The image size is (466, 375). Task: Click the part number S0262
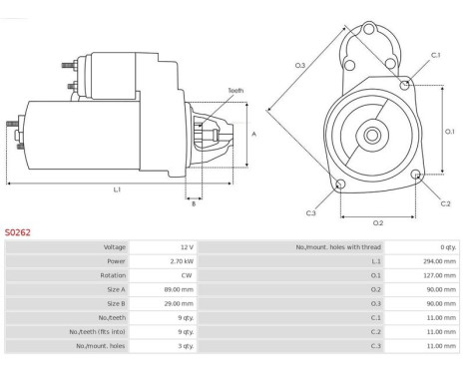coord(17,232)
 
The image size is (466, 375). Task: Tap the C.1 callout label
coord(435,55)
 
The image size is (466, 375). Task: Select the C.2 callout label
coord(445,203)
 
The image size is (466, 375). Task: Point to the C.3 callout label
coord(310,213)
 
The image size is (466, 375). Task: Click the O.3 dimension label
coord(300,66)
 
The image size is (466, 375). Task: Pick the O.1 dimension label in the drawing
coord(449,132)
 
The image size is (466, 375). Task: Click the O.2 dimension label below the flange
coord(378,223)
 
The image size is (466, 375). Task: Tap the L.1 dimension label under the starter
coord(117,189)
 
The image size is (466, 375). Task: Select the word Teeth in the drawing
coord(235,91)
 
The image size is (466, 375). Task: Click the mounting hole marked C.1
coord(405,85)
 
